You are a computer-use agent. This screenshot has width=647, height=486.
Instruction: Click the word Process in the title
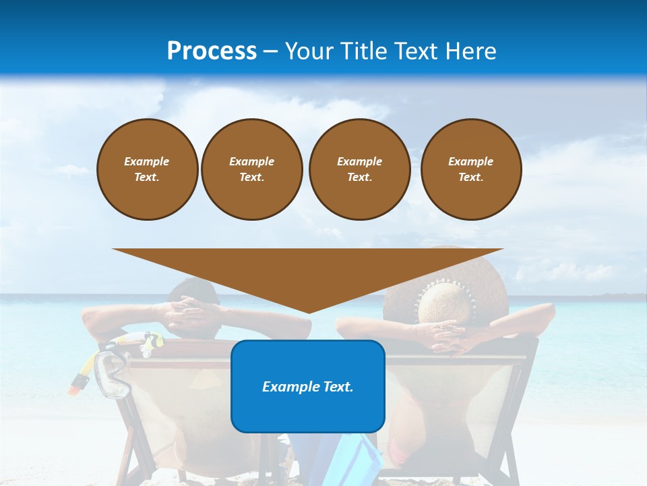[212, 51]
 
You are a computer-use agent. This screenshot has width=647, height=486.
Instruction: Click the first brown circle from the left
[147, 169]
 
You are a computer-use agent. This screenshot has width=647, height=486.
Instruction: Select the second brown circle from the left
[251, 169]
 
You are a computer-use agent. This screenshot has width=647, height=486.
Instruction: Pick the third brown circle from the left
[359, 169]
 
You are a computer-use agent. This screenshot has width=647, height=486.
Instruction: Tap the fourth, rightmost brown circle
[470, 169]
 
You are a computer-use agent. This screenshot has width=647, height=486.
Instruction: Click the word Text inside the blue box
[332, 387]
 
